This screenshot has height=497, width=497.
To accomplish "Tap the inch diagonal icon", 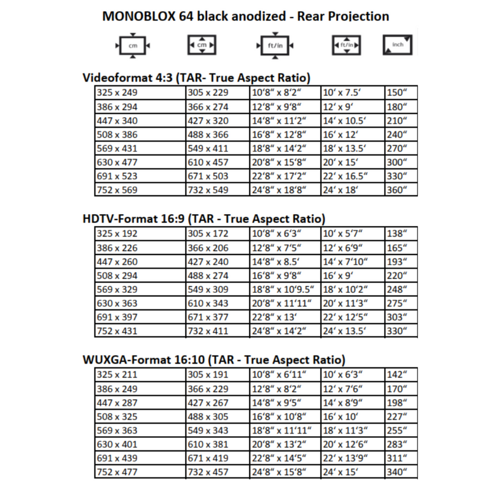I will point(397,46).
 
